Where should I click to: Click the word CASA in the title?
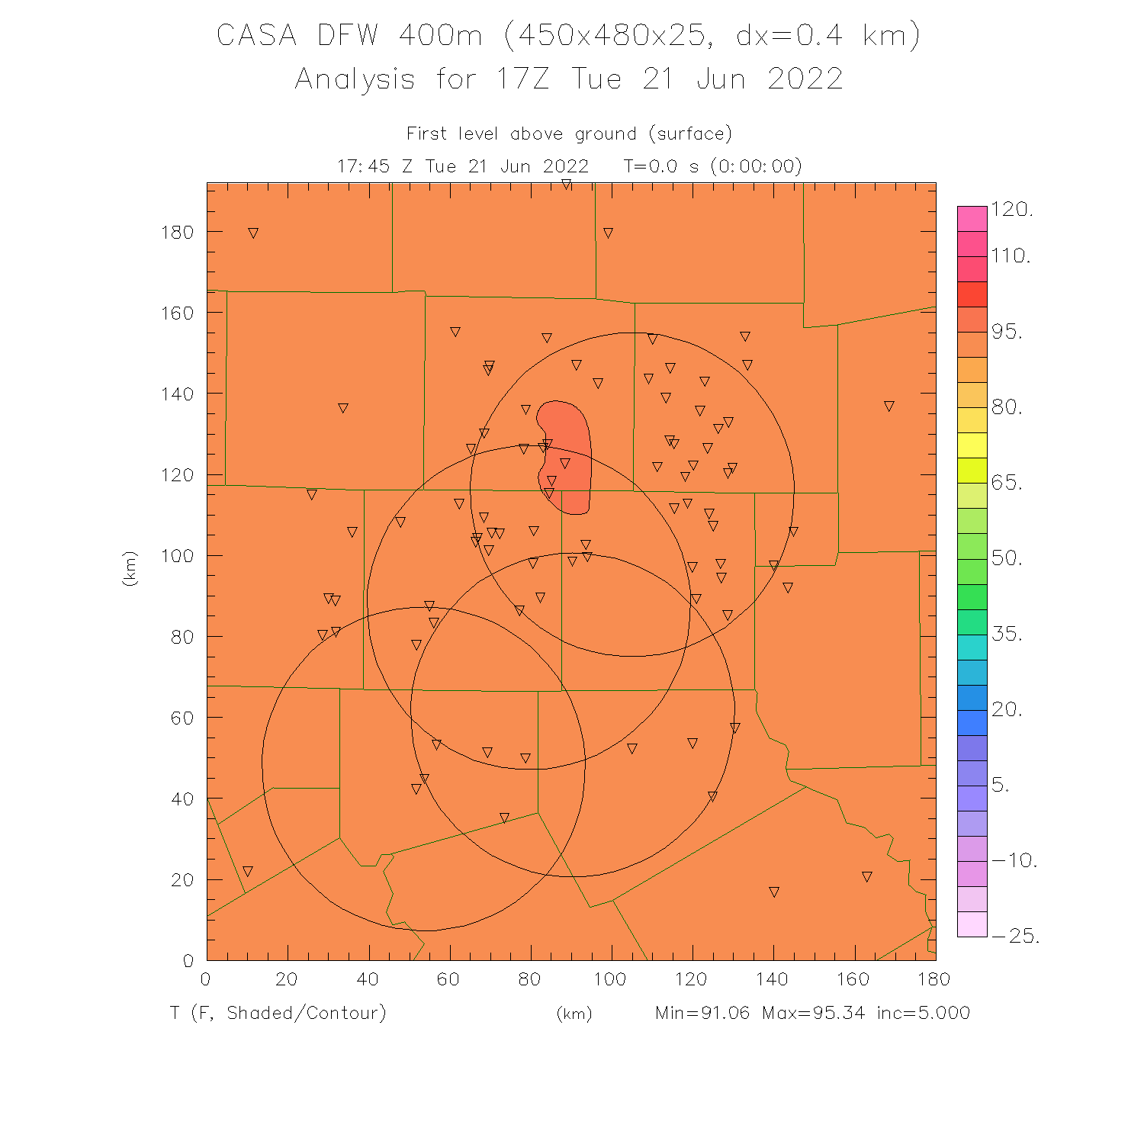(256, 36)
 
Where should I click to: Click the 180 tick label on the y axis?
(177, 232)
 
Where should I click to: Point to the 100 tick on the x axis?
(610, 979)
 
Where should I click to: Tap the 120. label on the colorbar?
(1011, 210)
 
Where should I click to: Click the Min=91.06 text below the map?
(702, 1013)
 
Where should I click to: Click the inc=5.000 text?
(923, 1013)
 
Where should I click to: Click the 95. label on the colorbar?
(1007, 332)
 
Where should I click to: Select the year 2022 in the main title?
(805, 79)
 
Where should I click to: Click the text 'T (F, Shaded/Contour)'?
(278, 1013)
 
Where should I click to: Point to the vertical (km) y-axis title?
(130, 568)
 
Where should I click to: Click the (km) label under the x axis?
(574, 1014)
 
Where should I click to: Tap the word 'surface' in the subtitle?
(691, 134)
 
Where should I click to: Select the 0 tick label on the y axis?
(188, 961)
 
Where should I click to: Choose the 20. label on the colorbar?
(1007, 709)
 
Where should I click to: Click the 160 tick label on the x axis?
(853, 979)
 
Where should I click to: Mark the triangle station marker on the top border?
(566, 184)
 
